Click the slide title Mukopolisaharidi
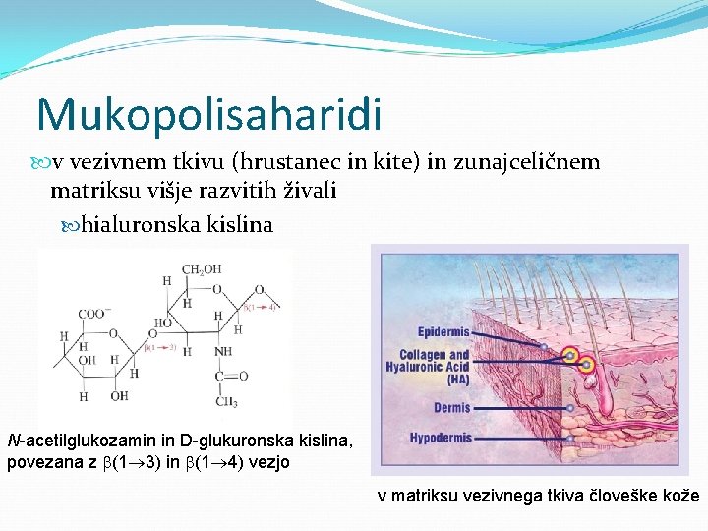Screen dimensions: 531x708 208,114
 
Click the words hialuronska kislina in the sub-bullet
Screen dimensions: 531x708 177,225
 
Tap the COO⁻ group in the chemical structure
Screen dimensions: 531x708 94,314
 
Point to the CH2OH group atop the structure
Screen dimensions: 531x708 201,269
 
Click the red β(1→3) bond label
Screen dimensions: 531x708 161,347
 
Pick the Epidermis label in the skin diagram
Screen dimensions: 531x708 443,332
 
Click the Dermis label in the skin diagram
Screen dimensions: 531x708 451,407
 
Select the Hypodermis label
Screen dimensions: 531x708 441,438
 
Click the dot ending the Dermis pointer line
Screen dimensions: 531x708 570,407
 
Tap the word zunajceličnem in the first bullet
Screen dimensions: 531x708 526,162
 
